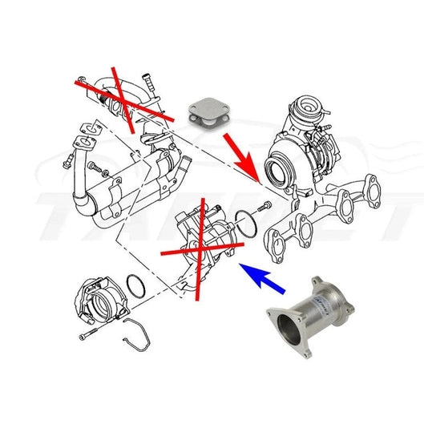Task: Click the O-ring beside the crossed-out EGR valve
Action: click(x=246, y=226)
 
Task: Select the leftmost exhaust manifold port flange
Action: click(x=277, y=240)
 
